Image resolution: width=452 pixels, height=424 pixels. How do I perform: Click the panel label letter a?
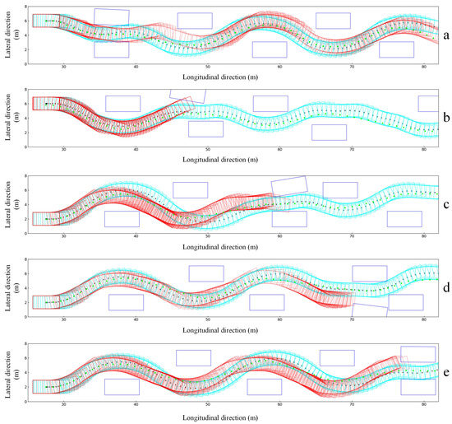click(445, 36)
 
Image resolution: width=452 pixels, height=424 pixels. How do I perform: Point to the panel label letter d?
click(445, 288)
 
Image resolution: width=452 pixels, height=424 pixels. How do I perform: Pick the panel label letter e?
click(445, 375)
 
